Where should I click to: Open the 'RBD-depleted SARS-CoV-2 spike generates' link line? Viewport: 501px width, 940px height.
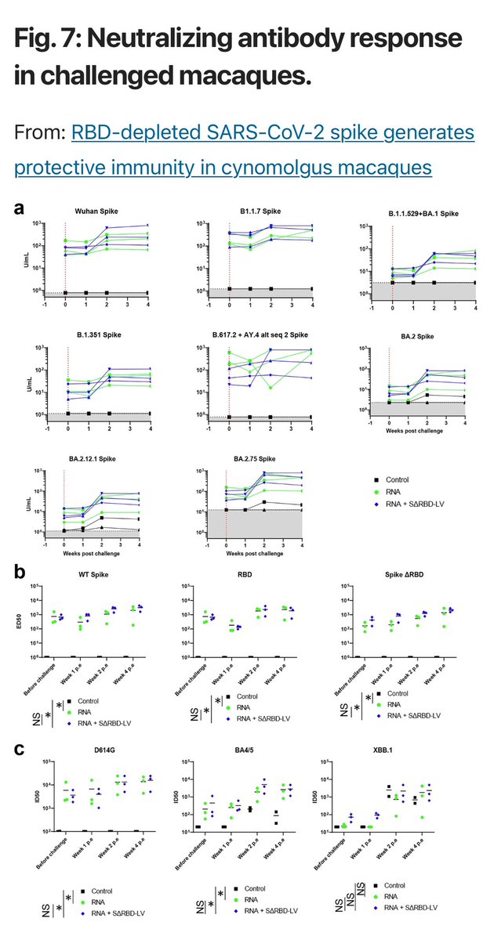point(273,133)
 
